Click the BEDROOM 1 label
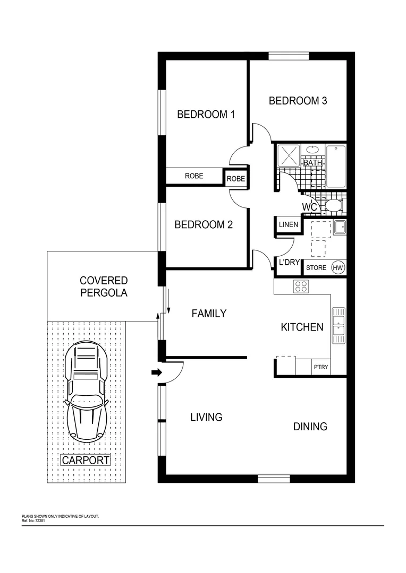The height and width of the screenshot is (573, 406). (206, 114)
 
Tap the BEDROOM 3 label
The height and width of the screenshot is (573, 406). (298, 101)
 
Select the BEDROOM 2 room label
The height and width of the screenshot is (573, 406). (204, 225)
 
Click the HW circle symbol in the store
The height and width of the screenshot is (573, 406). (337, 268)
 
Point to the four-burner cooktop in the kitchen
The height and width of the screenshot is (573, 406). (301, 286)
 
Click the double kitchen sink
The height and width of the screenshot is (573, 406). (338, 325)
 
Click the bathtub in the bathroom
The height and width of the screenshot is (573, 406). (336, 166)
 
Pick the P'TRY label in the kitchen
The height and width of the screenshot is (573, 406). (320, 367)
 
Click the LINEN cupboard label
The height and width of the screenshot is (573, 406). (288, 225)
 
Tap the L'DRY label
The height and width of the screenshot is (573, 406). (287, 262)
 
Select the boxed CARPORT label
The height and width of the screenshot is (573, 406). (86, 461)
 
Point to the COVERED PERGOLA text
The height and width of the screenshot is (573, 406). (104, 286)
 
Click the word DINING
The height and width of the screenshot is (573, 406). (310, 427)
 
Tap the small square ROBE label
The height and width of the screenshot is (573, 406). (236, 179)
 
